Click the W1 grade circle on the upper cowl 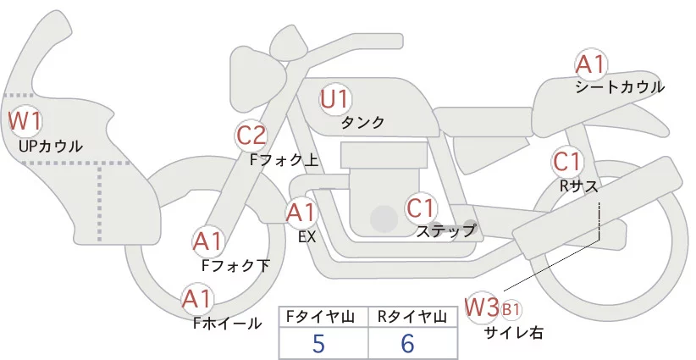25,121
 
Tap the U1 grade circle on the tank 335,99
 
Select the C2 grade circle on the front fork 251,135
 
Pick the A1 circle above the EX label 301,212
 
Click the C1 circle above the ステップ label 421,207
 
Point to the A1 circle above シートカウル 590,64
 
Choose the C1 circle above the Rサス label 566,161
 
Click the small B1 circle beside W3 511,308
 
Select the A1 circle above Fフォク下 207,241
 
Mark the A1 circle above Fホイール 197,299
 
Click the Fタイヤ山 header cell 323,317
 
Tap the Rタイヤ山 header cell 412,317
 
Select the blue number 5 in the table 318,344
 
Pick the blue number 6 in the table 408,344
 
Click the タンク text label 362,123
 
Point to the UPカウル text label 50,147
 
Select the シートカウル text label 620,87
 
